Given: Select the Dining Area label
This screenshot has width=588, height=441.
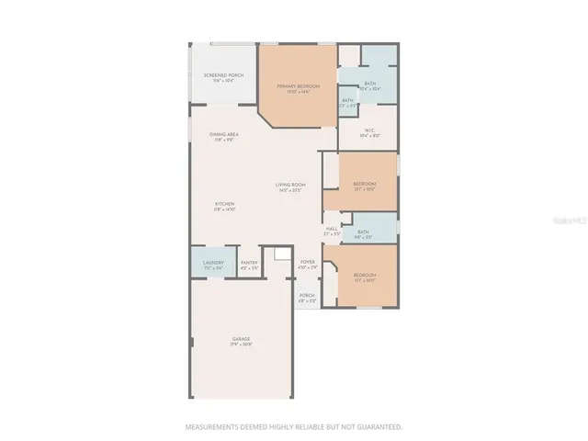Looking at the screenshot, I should (x=226, y=135).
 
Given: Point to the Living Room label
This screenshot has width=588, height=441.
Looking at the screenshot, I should (x=290, y=186).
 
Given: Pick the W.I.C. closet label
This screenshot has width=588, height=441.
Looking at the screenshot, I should (x=369, y=130).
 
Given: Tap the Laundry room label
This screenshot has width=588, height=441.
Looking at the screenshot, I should (x=213, y=263).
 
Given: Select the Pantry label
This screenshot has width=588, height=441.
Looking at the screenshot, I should (x=249, y=263).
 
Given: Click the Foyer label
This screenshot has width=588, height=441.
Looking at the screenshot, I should (x=308, y=262).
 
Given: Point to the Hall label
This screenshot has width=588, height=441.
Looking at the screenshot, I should (x=332, y=228).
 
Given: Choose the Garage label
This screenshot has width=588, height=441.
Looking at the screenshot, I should (x=241, y=339).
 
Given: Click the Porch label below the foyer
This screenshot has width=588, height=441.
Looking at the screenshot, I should (x=307, y=296).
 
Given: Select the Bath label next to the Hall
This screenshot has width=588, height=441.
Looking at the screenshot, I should (x=363, y=232).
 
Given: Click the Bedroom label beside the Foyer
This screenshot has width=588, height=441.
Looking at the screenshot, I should (x=365, y=276).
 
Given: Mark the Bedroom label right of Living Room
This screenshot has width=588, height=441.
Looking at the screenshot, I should (x=365, y=184).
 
